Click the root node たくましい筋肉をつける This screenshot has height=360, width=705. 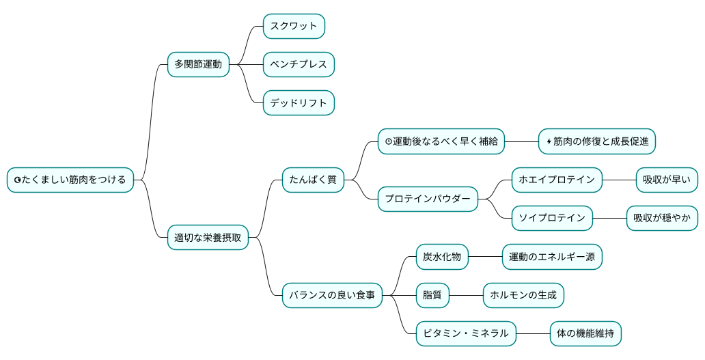click(x=70, y=180)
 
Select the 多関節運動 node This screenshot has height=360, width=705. click(x=198, y=64)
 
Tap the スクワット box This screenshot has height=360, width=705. click(x=294, y=26)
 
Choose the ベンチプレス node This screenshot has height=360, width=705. click(x=299, y=64)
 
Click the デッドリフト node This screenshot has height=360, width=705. click(x=299, y=103)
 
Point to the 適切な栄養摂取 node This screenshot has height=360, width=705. click(x=208, y=237)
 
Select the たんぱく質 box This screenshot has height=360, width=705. click(x=313, y=180)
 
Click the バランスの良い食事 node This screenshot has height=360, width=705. click(x=332, y=295)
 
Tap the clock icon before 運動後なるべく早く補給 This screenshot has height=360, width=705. click(x=388, y=142)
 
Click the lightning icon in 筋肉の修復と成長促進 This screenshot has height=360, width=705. click(x=549, y=142)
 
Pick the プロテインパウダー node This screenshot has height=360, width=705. click(x=428, y=199)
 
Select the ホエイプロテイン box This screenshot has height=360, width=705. click(x=557, y=180)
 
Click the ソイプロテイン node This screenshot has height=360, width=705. click(x=552, y=218)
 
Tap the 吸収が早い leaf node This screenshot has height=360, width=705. click(x=667, y=180)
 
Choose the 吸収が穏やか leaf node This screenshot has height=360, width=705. click(x=662, y=218)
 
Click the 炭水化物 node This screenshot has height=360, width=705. click(x=442, y=257)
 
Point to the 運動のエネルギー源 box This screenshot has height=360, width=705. click(x=552, y=257)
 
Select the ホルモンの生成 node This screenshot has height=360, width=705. click(x=523, y=295)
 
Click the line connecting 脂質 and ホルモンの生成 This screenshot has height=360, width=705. click(x=466, y=295)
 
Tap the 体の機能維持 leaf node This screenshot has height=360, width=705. click(x=585, y=333)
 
